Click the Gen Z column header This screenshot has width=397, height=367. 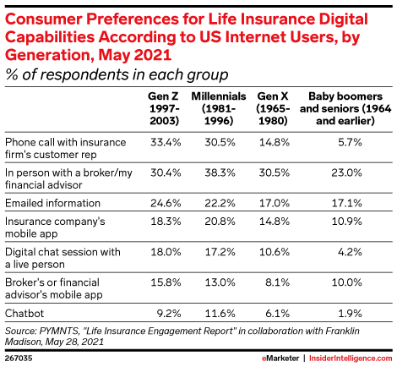point(164,108)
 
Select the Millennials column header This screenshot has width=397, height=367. point(219,108)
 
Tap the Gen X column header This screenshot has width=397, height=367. point(273,108)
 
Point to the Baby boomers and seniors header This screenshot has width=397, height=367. point(345,108)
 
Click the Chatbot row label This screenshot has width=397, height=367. point(24,313)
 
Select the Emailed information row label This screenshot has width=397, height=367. point(52,203)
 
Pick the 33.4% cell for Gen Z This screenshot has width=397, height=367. point(166,142)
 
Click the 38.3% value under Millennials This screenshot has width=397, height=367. point(220,173)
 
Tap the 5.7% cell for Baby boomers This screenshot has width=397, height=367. point(350,142)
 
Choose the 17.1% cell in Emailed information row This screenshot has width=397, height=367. point(347,203)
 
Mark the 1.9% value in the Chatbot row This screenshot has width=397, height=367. point(350,313)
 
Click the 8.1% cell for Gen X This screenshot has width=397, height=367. point(277,282)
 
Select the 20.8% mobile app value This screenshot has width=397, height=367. point(220,222)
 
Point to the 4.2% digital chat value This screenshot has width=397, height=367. point(350,252)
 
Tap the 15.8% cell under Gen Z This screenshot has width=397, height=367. point(166,282)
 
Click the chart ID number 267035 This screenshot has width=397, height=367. point(19,359)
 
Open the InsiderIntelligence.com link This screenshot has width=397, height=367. point(351,359)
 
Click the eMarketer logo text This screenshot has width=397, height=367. point(280,359)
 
